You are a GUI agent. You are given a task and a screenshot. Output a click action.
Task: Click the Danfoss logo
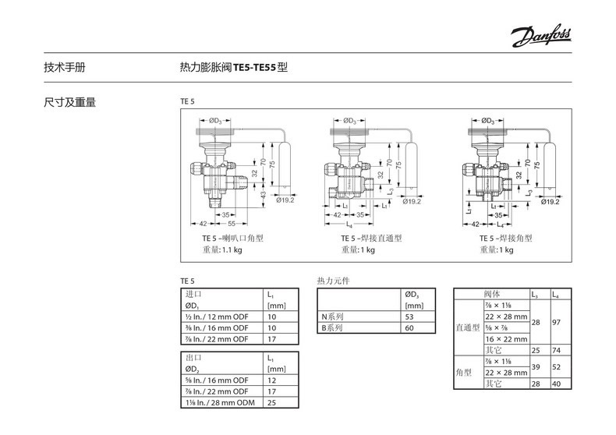pos(542,34)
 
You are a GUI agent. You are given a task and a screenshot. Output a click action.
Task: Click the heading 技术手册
pos(65,68)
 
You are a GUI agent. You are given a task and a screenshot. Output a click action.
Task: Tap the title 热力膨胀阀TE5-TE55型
pos(234,68)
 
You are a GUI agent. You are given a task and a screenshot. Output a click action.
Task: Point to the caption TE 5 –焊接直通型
pos(371,238)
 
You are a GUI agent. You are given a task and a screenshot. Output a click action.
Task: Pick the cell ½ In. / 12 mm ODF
pos(218,317)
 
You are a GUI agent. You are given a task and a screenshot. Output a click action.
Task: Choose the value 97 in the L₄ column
pos(556,322)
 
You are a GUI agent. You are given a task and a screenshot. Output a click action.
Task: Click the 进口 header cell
pos(193,295)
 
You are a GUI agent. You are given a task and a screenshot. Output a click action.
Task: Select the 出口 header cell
pos(193,357)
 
